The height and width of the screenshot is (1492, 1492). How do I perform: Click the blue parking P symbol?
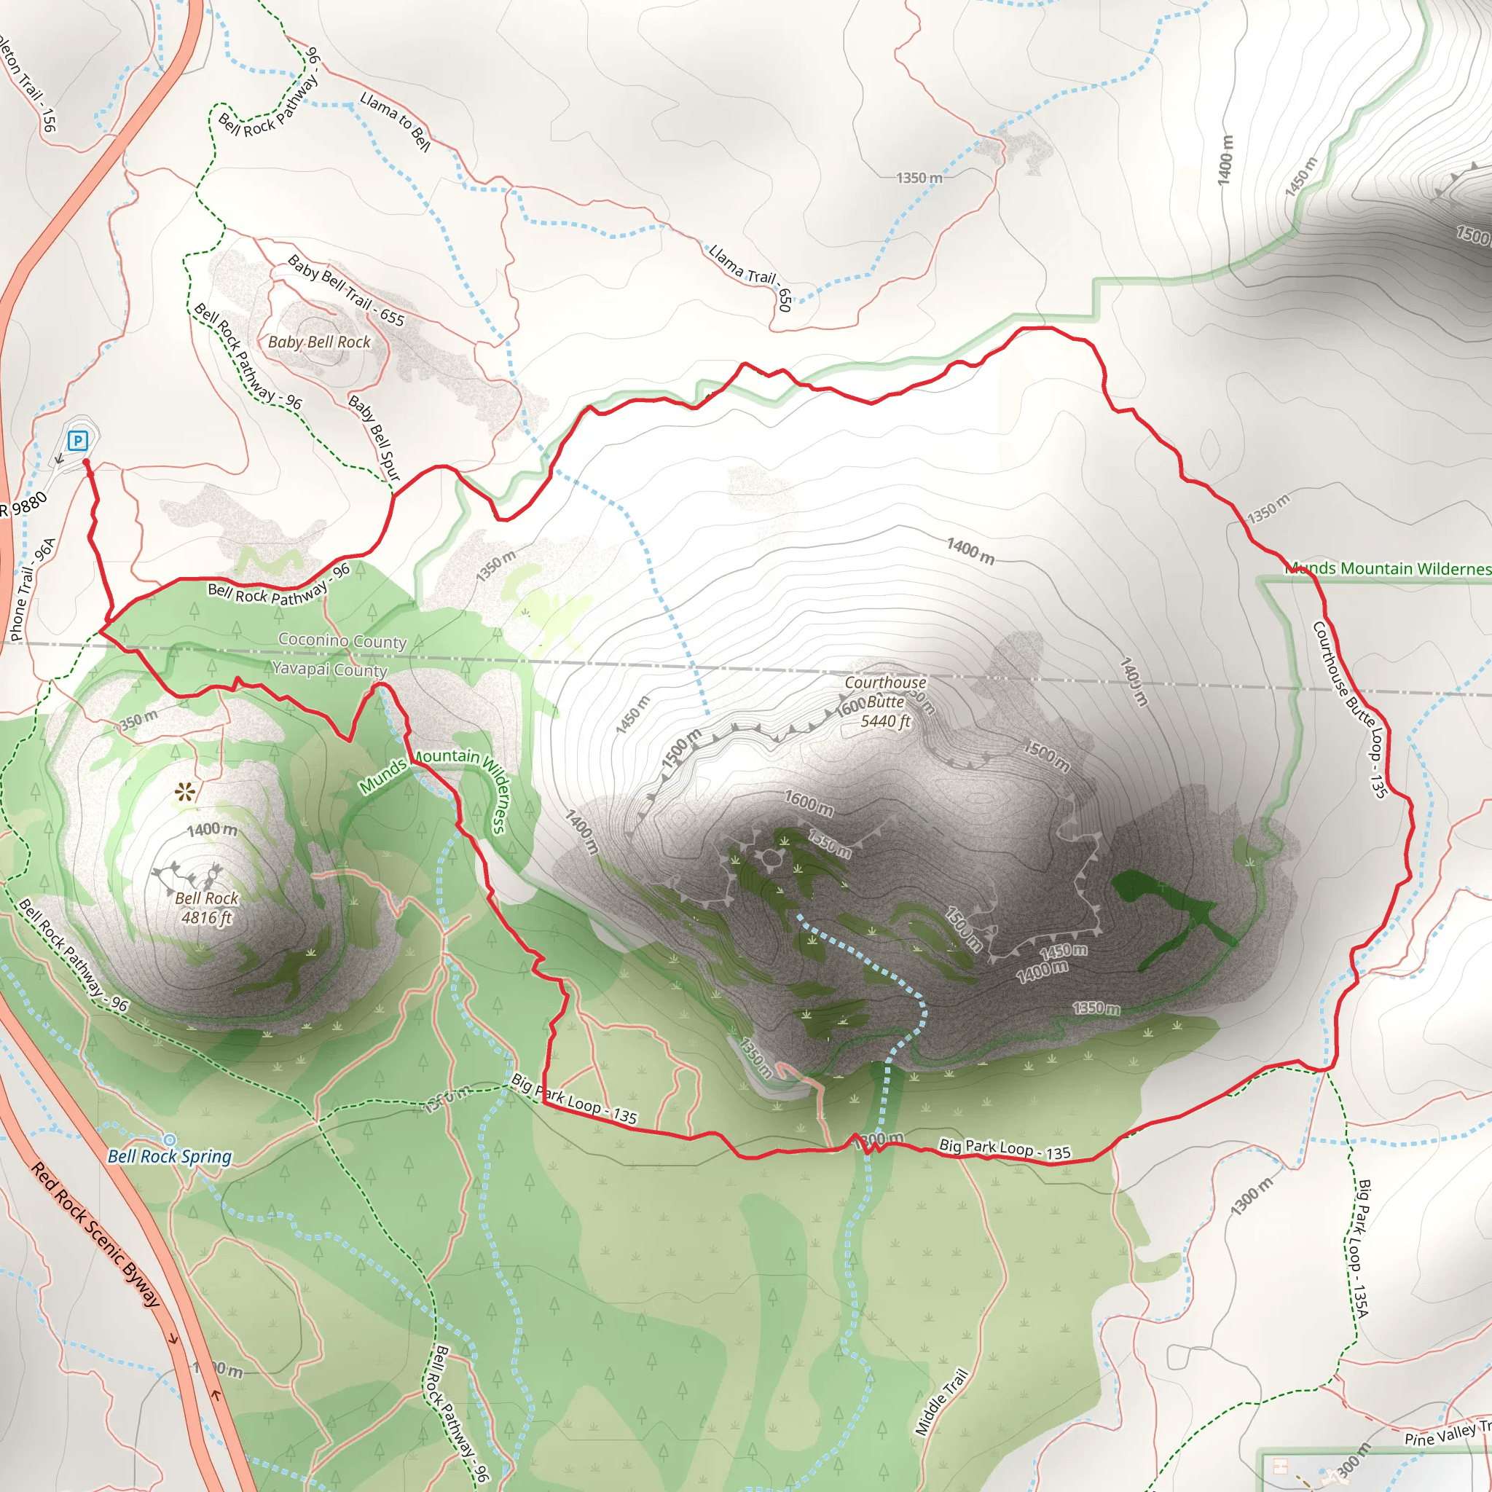(x=77, y=441)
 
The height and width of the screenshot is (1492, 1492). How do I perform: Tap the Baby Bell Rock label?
(x=319, y=342)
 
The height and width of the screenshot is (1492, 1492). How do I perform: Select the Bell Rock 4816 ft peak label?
(x=206, y=908)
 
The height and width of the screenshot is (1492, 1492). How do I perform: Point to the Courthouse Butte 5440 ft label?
(x=885, y=702)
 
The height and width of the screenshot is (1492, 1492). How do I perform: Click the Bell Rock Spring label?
(x=170, y=1156)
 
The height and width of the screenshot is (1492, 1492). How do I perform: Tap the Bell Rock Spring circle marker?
(x=169, y=1140)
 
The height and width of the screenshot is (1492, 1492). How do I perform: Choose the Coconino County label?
(x=342, y=641)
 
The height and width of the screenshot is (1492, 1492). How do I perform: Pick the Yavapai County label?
(x=330, y=669)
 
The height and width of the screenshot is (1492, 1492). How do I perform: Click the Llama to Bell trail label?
(x=395, y=121)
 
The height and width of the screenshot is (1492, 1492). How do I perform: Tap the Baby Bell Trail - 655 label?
(x=346, y=291)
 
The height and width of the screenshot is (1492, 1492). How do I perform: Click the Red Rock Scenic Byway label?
(x=95, y=1234)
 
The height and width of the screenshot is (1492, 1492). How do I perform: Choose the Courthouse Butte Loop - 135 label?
(x=1350, y=708)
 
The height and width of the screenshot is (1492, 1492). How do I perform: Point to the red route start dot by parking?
(x=86, y=462)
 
